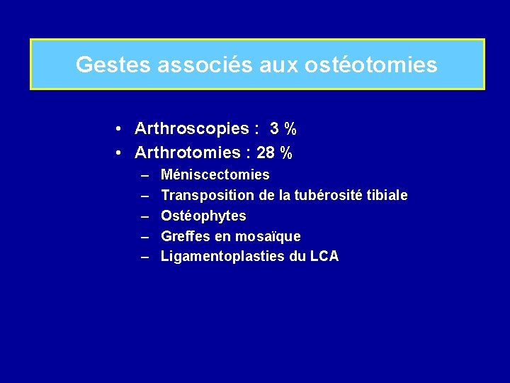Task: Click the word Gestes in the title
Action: pyautogui.click(x=103, y=65)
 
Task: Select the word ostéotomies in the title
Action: pyautogui.click(x=371, y=65)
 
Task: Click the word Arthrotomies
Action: pyautogui.click(x=188, y=152)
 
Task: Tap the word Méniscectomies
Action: pyautogui.click(x=215, y=174)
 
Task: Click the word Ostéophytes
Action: pyautogui.click(x=204, y=216)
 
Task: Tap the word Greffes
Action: pyautogui.click(x=186, y=236)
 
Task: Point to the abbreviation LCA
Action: pyautogui.click(x=324, y=257)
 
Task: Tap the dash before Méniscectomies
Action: pyautogui.click(x=144, y=174)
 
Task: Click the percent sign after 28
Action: pyautogui.click(x=286, y=152)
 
